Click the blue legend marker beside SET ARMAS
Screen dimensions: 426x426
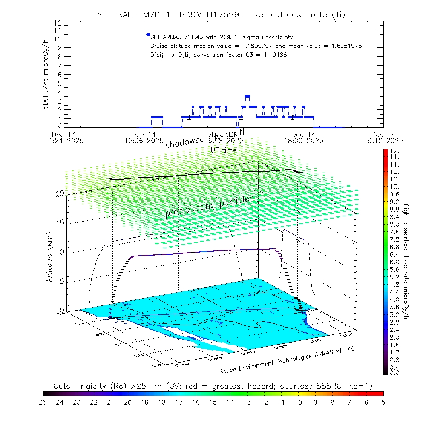tap(148, 35)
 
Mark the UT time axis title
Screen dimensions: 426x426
tap(224, 150)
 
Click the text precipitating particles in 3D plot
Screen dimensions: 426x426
tap(209, 207)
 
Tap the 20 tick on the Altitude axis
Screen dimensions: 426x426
tap(60, 194)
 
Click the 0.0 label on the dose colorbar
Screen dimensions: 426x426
tap(394, 373)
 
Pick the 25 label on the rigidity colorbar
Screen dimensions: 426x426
tap(43, 402)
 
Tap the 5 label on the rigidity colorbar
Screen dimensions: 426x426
tap(383, 402)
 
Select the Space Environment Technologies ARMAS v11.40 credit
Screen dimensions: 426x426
tap(288, 359)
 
